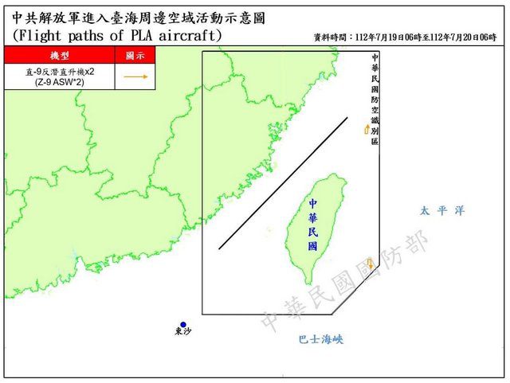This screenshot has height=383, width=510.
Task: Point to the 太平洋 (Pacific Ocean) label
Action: (x=441, y=211)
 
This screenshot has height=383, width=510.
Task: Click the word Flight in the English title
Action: (x=46, y=36)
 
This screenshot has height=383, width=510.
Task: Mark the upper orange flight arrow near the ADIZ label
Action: (x=367, y=128)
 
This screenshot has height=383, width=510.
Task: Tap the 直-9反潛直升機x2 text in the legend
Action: (x=58, y=72)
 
